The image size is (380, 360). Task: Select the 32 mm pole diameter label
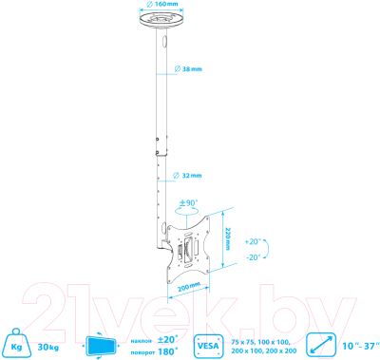pyautogui.click(x=191, y=175)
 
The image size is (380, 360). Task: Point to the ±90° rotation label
pyautogui.click(x=189, y=202)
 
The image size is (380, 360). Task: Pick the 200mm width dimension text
pyautogui.click(x=187, y=286)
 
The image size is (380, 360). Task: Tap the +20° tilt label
pyautogui.click(x=251, y=216)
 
